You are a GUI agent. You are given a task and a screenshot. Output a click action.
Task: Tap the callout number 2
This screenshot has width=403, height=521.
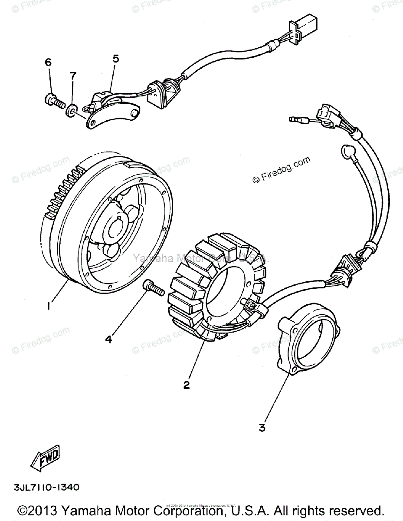[187, 385]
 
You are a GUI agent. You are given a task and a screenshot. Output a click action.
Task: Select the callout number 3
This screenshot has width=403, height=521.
[262, 428]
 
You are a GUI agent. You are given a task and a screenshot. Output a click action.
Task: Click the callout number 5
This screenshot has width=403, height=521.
[115, 59]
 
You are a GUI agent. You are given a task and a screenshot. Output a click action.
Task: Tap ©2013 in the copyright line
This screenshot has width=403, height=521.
[38, 510]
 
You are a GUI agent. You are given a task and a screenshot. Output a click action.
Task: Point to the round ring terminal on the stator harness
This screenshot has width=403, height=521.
[347, 151]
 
